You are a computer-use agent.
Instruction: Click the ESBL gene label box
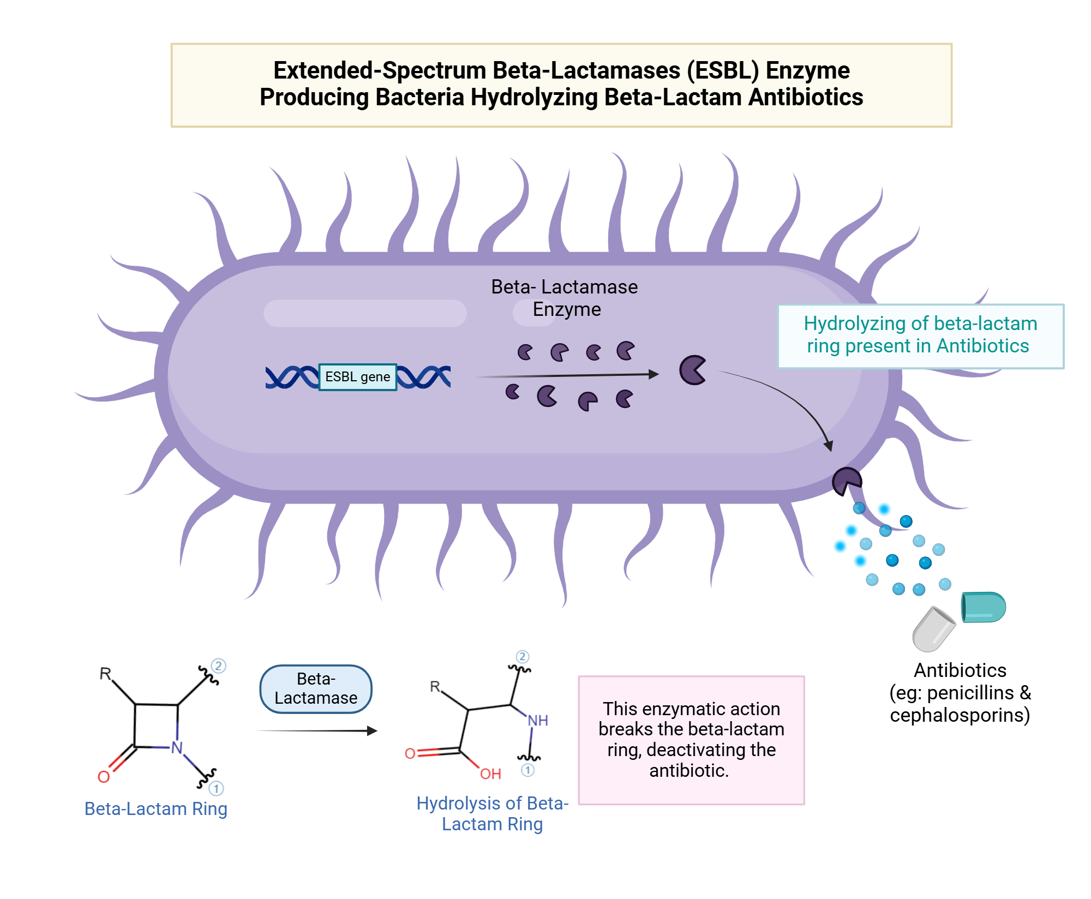point(357,377)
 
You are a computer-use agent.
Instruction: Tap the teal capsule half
point(983,607)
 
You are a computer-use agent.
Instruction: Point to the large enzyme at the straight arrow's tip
point(692,370)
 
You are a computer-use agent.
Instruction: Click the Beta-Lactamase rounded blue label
point(316,688)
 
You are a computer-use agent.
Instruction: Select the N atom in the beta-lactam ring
point(177,747)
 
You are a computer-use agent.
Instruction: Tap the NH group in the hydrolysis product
point(537,721)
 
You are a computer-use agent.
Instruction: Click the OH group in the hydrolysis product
point(490,774)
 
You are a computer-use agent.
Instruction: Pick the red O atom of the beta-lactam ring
point(104,777)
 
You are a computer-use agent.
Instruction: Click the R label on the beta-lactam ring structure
point(105,674)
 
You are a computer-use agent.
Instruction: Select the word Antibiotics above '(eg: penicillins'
point(960,670)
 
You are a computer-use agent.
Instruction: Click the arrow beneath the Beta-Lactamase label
point(316,731)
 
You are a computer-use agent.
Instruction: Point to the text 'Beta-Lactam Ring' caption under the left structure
point(155,808)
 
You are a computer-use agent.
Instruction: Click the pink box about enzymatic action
point(691,740)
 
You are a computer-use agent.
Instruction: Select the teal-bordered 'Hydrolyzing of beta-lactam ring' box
point(920,335)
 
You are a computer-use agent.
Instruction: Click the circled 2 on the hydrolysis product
point(522,656)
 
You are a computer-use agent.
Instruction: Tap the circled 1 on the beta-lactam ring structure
point(216,788)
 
